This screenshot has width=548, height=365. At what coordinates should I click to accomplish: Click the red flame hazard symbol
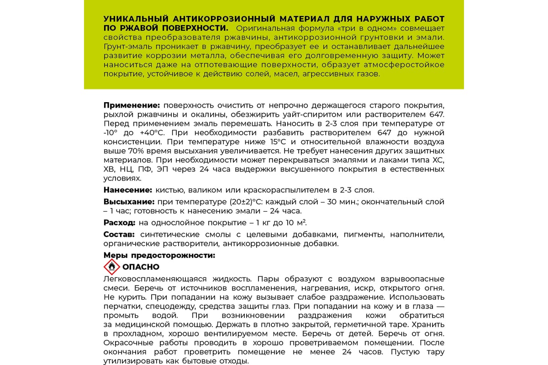(111, 267)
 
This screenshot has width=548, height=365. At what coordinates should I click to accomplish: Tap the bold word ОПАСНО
(141, 267)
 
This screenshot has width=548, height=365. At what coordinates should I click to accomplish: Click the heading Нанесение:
(127, 190)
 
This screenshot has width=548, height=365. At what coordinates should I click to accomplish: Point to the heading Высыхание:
(129, 202)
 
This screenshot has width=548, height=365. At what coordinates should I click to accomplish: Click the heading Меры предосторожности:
(159, 255)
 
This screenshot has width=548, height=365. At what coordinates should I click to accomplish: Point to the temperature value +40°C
(149, 133)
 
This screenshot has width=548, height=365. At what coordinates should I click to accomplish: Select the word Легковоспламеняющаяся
(153, 279)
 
